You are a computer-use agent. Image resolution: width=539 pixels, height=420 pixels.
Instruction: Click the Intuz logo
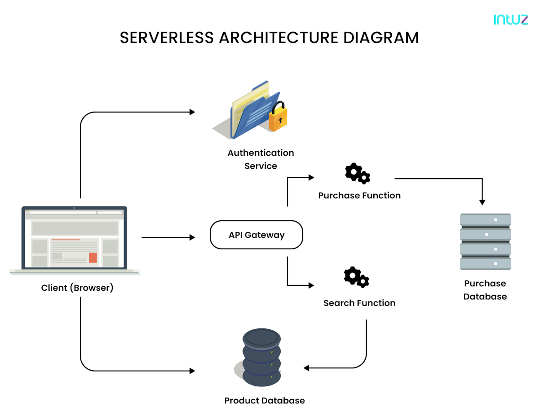tap(511, 19)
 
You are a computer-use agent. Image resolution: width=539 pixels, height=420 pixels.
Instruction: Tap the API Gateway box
tap(256, 235)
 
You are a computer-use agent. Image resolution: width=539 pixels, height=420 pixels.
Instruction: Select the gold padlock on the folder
tap(278, 117)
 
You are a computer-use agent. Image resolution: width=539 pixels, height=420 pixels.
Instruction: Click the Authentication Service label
tap(261, 159)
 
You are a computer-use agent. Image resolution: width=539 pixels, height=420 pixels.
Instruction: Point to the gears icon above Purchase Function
tap(357, 174)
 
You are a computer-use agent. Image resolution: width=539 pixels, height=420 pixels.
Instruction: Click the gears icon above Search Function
tap(356, 277)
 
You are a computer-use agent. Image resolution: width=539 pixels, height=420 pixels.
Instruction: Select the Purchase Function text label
tap(359, 196)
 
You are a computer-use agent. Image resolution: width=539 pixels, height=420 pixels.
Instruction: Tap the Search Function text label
tap(359, 303)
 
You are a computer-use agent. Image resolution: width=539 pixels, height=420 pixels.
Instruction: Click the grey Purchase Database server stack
tap(485, 242)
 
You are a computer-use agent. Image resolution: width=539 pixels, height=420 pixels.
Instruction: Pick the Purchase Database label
tap(485, 290)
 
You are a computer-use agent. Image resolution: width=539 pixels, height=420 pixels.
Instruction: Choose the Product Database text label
tap(265, 401)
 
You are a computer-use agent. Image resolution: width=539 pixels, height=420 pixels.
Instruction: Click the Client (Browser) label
tap(77, 288)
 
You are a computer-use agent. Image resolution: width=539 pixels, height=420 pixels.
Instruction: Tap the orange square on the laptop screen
tap(93, 258)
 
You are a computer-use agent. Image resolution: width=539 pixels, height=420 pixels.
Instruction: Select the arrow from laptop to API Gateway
tap(168, 237)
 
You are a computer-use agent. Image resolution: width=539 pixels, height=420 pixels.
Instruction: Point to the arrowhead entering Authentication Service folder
tap(193, 112)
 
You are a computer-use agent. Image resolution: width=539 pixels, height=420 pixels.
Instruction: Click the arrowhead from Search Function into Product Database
tap(306, 368)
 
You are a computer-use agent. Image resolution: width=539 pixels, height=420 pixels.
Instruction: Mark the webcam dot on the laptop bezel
tap(74, 208)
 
